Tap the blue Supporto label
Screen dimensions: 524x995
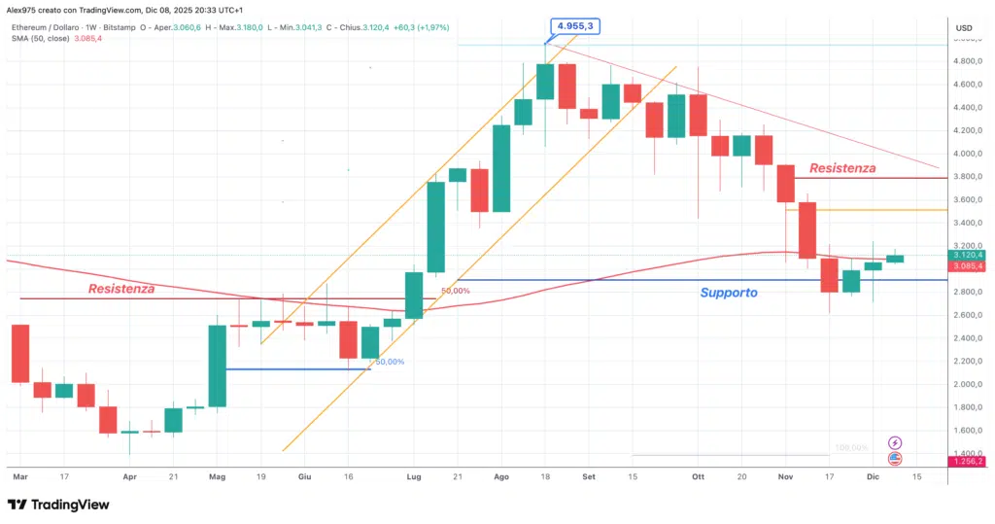(x=729, y=292)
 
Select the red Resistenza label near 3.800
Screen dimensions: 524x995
(x=842, y=168)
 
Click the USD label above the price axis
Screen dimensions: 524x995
(x=964, y=27)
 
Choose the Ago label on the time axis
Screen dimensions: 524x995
(x=501, y=477)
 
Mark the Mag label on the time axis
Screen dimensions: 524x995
(x=217, y=477)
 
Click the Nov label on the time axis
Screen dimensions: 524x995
(x=785, y=477)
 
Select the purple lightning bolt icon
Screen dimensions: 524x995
(x=895, y=442)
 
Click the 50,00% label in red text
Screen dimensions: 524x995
(x=456, y=291)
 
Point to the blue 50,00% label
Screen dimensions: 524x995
(x=389, y=362)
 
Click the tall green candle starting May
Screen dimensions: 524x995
(x=217, y=366)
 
